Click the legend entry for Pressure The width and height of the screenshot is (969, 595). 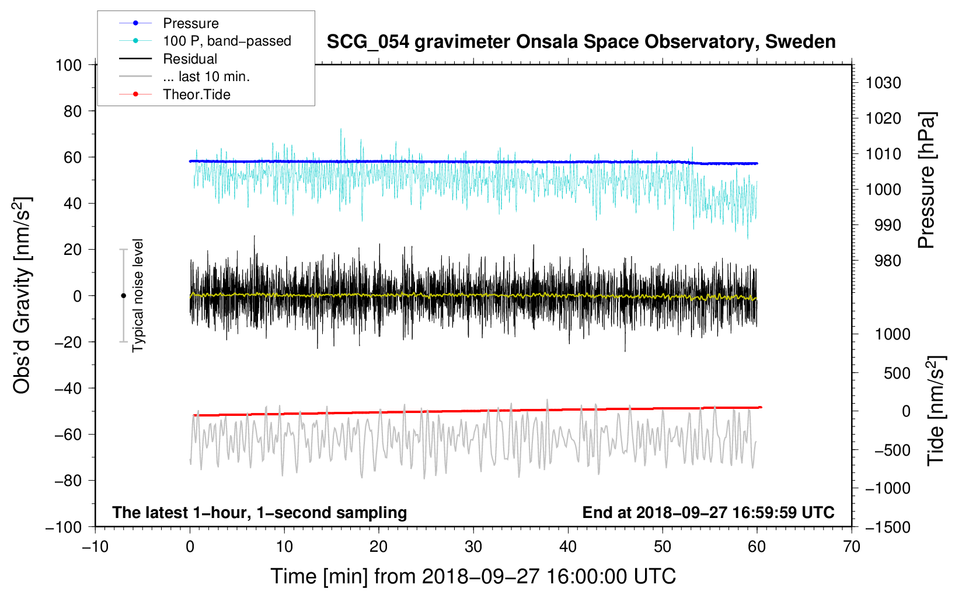(x=169, y=23)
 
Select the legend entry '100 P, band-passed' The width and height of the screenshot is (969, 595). (x=205, y=41)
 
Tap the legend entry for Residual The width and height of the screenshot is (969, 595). (x=168, y=59)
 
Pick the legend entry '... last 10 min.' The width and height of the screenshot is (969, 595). (x=184, y=76)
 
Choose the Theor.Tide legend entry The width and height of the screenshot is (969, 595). (x=175, y=94)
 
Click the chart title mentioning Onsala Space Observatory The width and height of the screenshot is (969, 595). (x=581, y=41)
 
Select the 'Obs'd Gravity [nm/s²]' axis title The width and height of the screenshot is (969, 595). (x=22, y=295)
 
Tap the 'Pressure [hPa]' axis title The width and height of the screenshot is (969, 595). (x=926, y=180)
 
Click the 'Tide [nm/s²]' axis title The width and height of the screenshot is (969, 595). (x=936, y=411)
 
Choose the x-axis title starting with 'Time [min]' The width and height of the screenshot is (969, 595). (x=473, y=576)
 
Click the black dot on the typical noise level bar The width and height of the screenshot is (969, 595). (x=123, y=296)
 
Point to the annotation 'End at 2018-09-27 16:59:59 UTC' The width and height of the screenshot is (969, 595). (x=708, y=512)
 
